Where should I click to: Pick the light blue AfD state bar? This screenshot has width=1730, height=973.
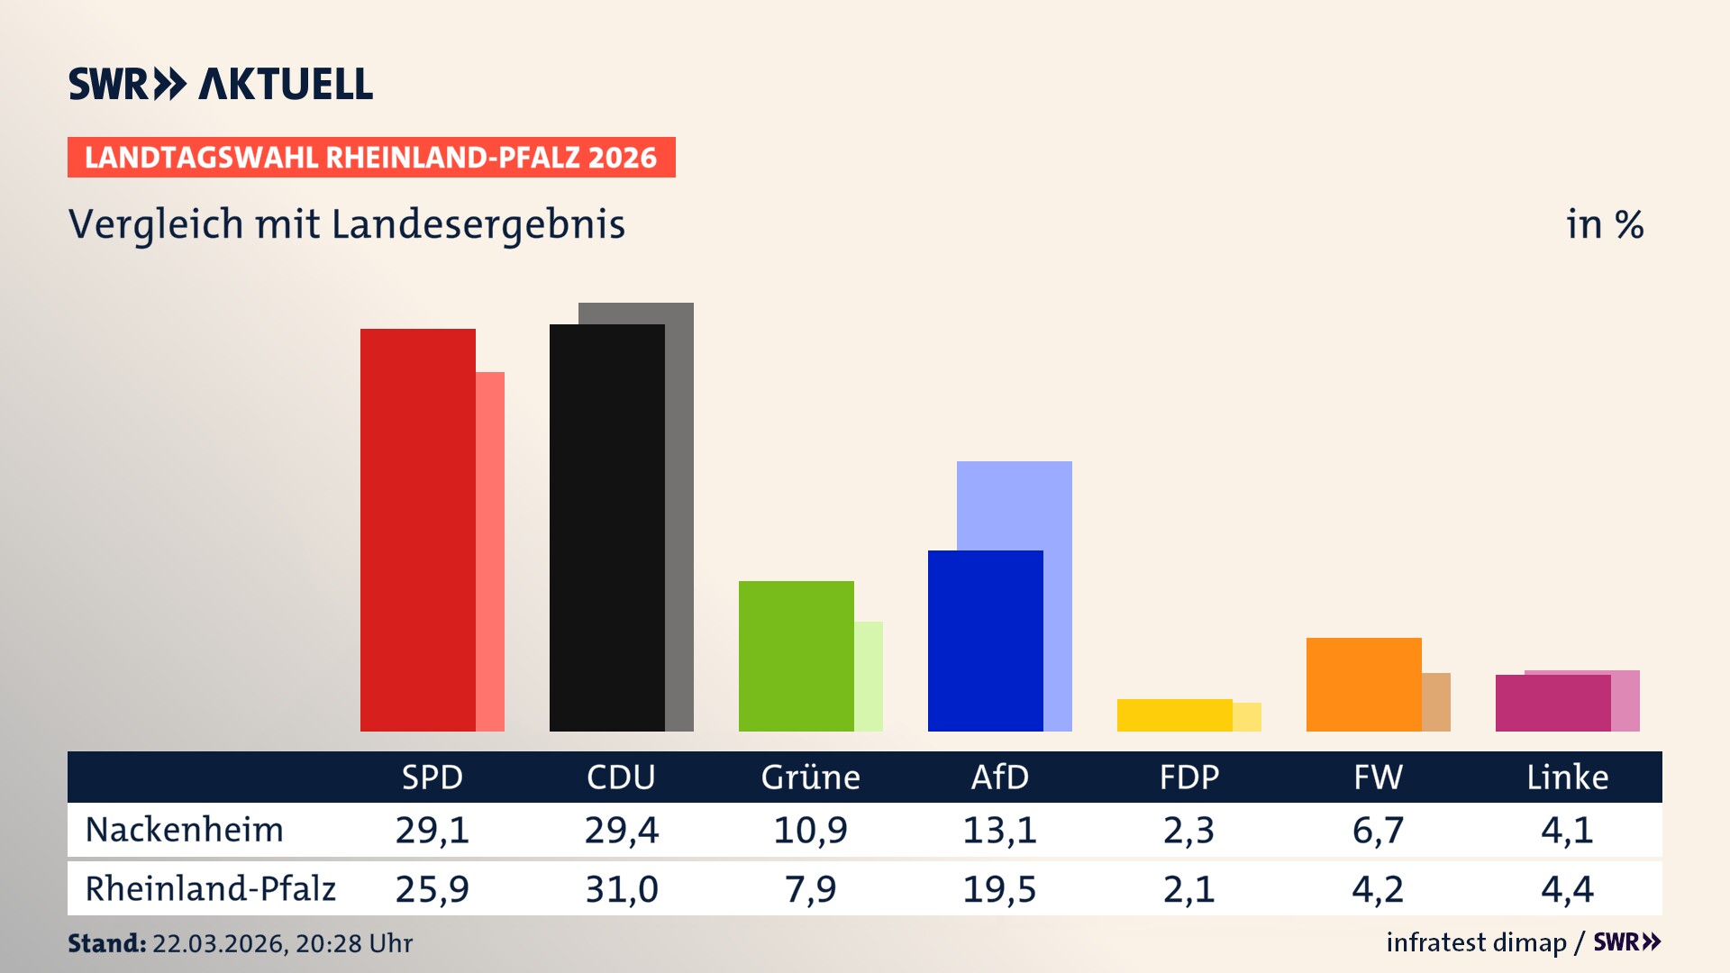pyautogui.click(x=1015, y=505)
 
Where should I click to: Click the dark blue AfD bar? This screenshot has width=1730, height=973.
pyautogui.click(x=985, y=641)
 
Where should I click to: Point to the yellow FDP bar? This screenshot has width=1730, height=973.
pyautogui.click(x=1174, y=715)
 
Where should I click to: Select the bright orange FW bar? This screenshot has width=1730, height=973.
pyautogui.click(x=1363, y=685)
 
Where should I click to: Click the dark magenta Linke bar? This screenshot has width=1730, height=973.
pyautogui.click(x=1552, y=704)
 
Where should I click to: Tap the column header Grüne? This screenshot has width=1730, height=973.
pyautogui.click(x=810, y=777)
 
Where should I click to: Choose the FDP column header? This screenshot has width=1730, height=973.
pyautogui.click(x=1188, y=777)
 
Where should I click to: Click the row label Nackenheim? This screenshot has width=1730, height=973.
pyautogui.click(x=185, y=830)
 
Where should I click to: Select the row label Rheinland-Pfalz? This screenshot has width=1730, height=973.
pyautogui.click(x=210, y=889)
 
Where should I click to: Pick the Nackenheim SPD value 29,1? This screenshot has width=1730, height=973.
pyautogui.click(x=432, y=830)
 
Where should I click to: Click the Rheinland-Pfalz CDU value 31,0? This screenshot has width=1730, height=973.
pyautogui.click(x=621, y=889)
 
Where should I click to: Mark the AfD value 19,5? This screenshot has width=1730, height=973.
pyautogui.click(x=999, y=889)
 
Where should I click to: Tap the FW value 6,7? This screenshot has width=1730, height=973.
pyautogui.click(x=1378, y=830)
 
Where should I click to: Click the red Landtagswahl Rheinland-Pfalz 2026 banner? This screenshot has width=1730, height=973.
pyautogui.click(x=371, y=158)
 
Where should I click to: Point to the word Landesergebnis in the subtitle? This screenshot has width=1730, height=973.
pyautogui.click(x=478, y=225)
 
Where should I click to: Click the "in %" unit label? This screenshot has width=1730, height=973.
pyautogui.click(x=1604, y=225)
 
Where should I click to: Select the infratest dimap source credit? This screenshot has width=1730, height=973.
pyautogui.click(x=1476, y=942)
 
